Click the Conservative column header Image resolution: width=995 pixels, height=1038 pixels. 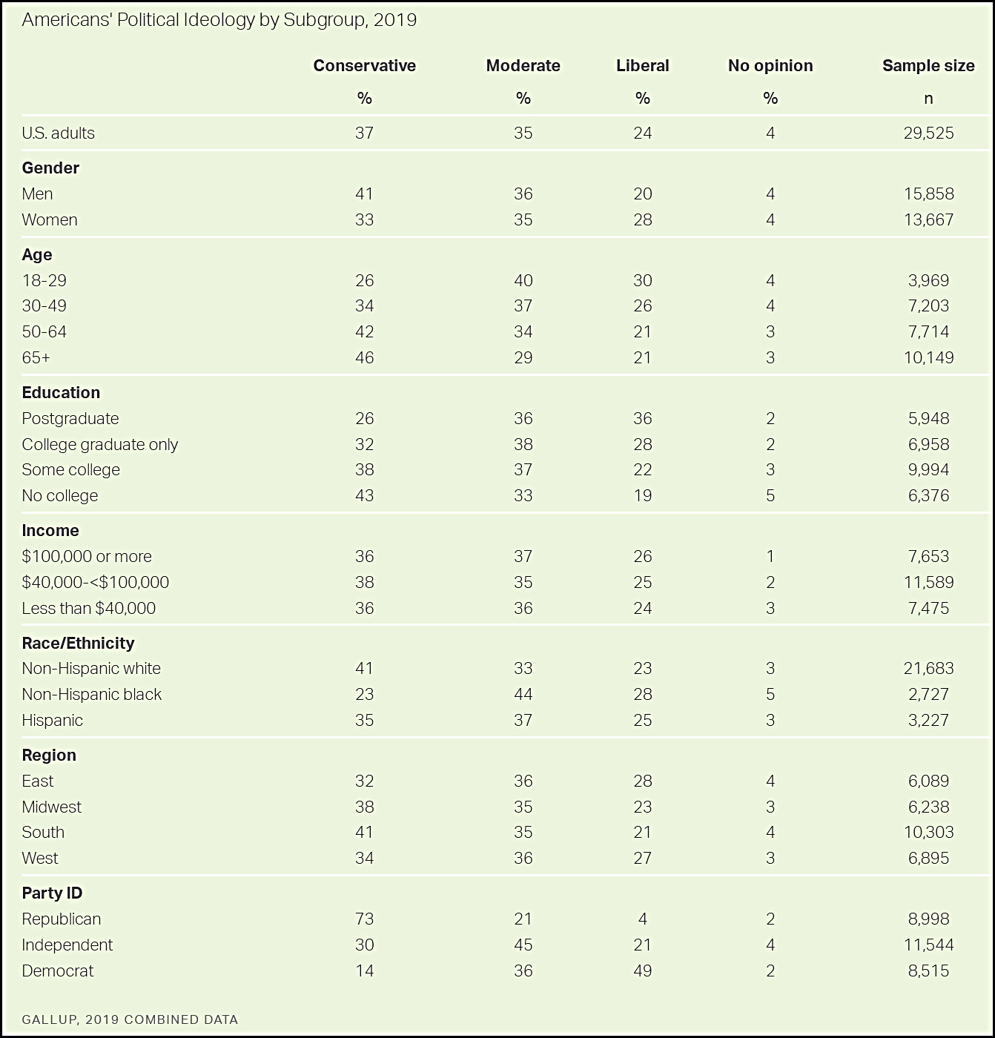point(364,66)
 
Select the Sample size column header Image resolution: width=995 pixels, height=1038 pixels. point(928,66)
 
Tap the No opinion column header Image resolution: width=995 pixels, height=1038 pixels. point(770,66)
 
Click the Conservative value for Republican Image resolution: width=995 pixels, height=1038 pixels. point(364,919)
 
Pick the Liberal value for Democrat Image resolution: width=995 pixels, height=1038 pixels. point(643,971)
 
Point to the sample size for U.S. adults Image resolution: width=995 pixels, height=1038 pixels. point(928,133)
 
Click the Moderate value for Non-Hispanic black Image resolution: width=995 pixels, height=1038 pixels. point(523,695)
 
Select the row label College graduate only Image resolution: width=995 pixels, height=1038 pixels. point(100,444)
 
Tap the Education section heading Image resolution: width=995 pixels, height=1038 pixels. point(61,393)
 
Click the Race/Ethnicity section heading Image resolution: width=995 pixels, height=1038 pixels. point(78,643)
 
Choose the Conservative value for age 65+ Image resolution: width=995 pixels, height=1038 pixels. point(364,358)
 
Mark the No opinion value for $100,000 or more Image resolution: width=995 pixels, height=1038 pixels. point(770,557)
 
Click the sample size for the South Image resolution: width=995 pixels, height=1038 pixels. point(928,833)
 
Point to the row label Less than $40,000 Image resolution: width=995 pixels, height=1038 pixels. point(89,609)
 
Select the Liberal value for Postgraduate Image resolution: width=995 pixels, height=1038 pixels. point(643,419)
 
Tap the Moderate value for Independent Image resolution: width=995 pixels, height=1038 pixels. point(523,945)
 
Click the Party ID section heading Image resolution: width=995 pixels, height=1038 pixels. point(52,893)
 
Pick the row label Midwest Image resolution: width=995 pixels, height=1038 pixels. point(52,807)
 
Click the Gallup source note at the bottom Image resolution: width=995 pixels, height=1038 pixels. point(130,1019)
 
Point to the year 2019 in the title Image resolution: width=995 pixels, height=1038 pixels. point(395,20)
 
